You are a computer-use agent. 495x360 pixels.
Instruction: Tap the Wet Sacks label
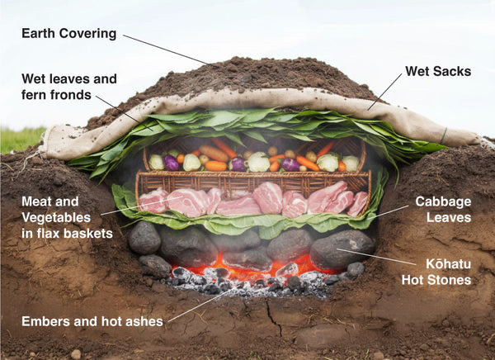click(x=438, y=71)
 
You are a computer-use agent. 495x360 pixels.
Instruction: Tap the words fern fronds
click(x=58, y=96)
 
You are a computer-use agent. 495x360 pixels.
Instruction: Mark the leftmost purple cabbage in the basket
click(x=172, y=163)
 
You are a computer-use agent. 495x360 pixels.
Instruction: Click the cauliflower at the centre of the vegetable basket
click(x=259, y=162)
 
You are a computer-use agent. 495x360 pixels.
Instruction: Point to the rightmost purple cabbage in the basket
click(x=291, y=163)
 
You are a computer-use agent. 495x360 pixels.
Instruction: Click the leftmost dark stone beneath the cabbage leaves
click(x=144, y=238)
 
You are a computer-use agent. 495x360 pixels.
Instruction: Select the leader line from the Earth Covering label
click(x=165, y=49)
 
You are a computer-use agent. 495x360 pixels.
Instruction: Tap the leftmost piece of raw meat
click(x=153, y=201)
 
